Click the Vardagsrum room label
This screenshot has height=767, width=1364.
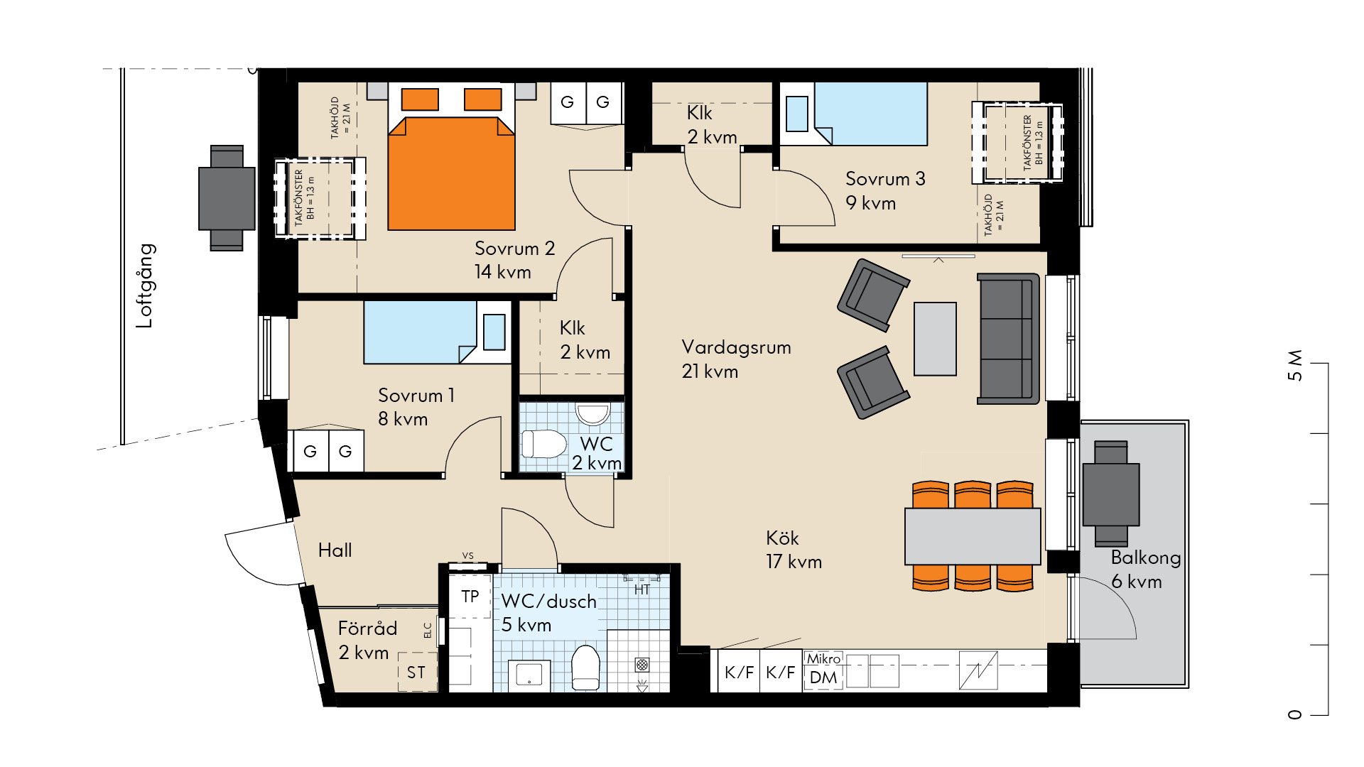736,347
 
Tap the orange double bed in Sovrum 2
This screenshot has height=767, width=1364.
451,156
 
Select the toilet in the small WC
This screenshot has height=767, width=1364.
543,444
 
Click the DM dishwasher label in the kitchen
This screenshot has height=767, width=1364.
823,678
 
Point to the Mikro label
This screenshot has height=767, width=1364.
823,658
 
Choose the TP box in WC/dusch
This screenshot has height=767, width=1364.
470,597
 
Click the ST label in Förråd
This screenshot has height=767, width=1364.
416,672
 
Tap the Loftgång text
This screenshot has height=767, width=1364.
145,285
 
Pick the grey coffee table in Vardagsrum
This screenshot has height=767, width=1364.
935,339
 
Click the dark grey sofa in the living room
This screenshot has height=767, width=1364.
1008,339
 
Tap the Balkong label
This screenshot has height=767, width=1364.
1145,557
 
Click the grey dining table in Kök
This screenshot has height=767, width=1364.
973,536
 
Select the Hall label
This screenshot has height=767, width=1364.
335,550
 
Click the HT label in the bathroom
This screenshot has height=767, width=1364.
642,589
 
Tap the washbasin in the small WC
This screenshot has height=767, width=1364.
592,413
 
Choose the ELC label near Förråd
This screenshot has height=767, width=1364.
428,631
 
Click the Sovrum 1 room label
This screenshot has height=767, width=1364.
416,396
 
